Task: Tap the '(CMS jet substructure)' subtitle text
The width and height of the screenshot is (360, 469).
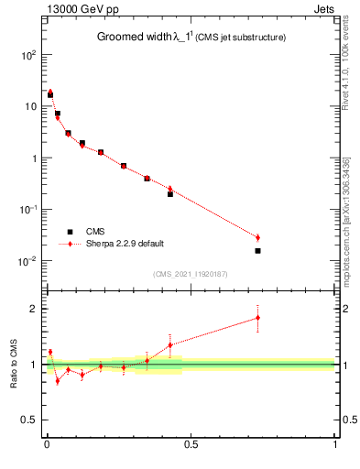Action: point(240,38)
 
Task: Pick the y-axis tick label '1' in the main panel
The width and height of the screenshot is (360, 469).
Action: point(33,158)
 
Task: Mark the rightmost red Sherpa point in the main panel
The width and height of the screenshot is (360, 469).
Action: point(257,237)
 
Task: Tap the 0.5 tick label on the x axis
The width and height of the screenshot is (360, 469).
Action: point(191,446)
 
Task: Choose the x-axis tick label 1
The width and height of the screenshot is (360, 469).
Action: point(334,446)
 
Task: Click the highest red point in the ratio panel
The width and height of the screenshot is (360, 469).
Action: point(257,318)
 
